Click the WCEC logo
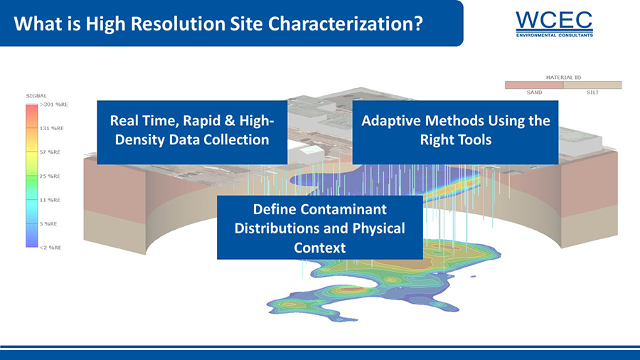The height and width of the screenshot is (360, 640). pos(554,24)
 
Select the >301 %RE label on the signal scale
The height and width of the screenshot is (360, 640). pos(54,105)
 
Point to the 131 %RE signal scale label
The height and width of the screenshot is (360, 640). pos(51,128)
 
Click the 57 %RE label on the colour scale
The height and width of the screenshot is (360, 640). pos(50,152)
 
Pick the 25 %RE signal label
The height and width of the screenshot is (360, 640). pos(50,176)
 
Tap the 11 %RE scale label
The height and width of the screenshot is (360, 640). pos(50,200)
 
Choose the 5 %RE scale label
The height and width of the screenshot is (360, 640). pos(48,223)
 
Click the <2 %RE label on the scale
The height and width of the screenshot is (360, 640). pos(50,248)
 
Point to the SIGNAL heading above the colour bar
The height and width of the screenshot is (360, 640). pos(36,96)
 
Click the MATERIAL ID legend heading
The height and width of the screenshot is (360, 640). pos(563,77)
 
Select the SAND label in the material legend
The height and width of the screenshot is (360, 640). pos(534,92)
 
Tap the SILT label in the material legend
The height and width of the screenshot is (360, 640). pos(592,92)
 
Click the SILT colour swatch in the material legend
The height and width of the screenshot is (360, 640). pos(592,85)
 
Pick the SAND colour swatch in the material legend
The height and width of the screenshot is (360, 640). pos(534,85)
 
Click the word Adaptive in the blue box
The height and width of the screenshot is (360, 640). pos(390,121)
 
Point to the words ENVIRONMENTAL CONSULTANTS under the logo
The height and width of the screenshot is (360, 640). pos(554,36)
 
